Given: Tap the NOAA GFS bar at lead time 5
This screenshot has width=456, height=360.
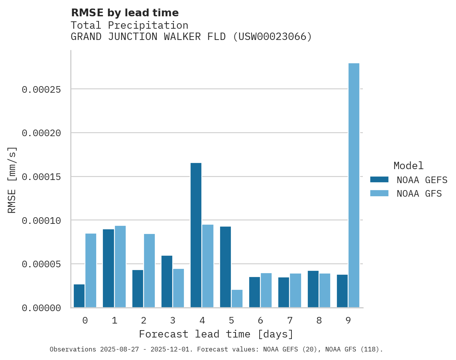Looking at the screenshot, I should [x=237, y=299].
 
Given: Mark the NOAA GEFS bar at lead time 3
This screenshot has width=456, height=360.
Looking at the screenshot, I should [x=167, y=282].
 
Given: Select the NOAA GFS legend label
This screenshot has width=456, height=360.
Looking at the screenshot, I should [x=419, y=194].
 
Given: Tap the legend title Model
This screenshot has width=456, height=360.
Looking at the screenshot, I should [x=408, y=166].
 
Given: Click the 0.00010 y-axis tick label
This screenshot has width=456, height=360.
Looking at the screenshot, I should [x=42, y=221].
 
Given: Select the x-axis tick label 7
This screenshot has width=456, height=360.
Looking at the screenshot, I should [x=290, y=320].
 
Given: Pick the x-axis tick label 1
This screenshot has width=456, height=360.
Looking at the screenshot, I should [x=114, y=320].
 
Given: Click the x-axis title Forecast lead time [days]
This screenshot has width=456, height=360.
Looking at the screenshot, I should [x=216, y=334].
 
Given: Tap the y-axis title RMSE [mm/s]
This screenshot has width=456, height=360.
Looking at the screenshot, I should [x=12, y=180].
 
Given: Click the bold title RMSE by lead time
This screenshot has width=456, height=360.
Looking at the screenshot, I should [x=125, y=13].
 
